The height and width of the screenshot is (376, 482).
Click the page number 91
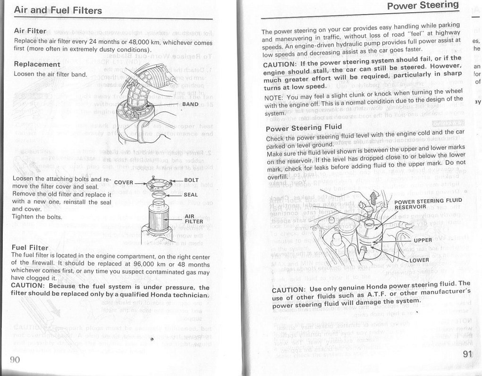(x=468, y=354)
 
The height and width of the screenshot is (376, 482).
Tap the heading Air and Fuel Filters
(x=58, y=10)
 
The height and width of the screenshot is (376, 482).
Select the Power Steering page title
(x=423, y=6)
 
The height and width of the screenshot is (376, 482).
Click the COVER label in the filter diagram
(x=124, y=182)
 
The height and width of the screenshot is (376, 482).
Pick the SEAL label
(x=191, y=195)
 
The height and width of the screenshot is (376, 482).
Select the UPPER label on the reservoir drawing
(x=423, y=240)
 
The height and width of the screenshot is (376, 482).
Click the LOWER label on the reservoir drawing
(x=419, y=260)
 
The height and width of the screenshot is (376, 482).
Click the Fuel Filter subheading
(x=30, y=248)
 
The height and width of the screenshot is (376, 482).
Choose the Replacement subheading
(x=37, y=64)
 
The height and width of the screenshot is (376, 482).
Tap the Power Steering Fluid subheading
(x=304, y=128)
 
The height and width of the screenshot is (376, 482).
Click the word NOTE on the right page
(x=273, y=99)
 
